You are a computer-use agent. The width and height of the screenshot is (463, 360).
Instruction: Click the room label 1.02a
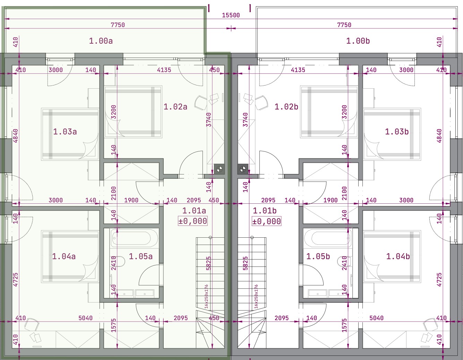[175, 107]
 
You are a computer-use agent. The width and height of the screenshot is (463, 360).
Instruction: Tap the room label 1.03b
[397, 132]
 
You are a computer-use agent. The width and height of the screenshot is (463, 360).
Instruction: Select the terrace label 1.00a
[101, 41]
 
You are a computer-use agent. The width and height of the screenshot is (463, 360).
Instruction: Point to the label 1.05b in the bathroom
[318, 256]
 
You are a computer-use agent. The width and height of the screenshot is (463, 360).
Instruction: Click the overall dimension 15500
[231, 15]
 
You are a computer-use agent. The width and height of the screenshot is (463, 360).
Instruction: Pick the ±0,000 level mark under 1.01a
[192, 221]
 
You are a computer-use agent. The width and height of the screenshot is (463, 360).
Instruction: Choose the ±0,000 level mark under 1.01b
[267, 221]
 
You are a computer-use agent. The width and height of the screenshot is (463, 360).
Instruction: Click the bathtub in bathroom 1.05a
[134, 238]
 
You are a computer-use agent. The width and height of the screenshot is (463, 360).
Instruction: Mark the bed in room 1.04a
[70, 256]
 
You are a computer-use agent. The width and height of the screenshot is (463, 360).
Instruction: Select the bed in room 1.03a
[70, 134]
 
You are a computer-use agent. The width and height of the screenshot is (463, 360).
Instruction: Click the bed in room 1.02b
[329, 112]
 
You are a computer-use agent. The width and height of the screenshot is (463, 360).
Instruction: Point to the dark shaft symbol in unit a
[219, 169]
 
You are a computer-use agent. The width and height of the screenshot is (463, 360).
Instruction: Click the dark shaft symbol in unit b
[243, 169]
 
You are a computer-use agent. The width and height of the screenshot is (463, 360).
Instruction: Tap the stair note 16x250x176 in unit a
[206, 296]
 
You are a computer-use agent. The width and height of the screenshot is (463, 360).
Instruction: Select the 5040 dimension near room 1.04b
[377, 318]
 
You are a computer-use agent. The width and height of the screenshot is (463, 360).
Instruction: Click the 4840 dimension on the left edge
[16, 136]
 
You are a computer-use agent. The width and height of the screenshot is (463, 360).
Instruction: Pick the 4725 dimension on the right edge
[439, 280]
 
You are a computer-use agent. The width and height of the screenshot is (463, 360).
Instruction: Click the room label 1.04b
[398, 256]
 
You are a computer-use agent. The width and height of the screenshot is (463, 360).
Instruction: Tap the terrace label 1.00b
[358, 41]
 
